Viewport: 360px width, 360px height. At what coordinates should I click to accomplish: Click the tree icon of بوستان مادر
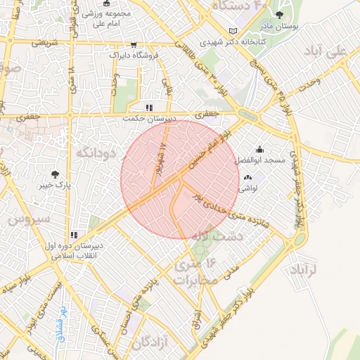tap(280, 15)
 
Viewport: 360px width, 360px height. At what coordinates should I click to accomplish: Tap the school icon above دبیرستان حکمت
tap(148, 108)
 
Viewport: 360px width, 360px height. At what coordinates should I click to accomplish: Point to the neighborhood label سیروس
tap(30, 219)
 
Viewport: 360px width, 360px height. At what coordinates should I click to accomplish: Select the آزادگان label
tap(154, 342)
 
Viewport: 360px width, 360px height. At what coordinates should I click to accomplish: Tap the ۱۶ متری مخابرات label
tap(193, 271)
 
